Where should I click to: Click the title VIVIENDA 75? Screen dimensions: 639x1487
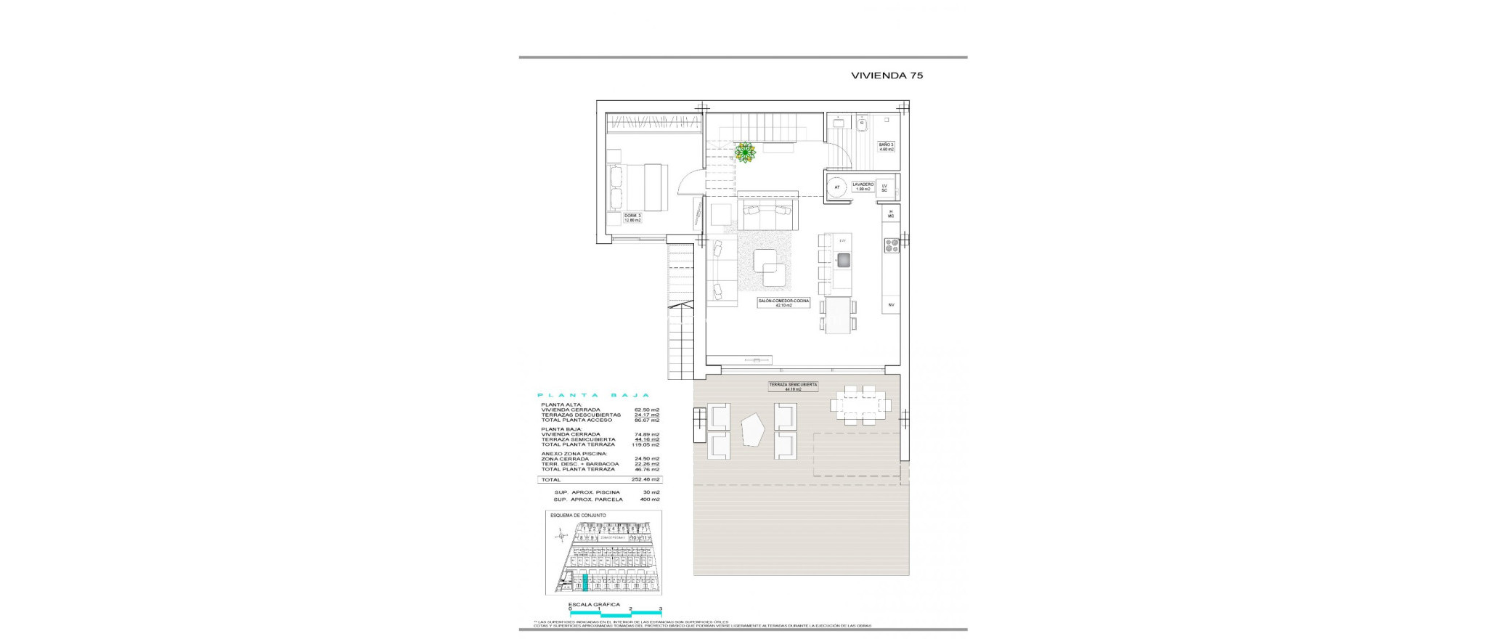point(887,75)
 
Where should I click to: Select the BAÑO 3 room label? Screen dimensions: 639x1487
point(886,146)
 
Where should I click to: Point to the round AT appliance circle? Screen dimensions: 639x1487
point(837,187)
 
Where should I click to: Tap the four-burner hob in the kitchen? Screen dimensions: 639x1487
point(892,246)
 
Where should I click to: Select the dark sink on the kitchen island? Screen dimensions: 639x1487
point(843,259)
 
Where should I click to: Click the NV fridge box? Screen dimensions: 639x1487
point(891,305)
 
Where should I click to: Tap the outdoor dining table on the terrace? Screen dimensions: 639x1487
point(860,404)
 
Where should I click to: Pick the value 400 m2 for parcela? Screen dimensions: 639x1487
point(650,500)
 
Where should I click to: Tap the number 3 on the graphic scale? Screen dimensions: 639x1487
point(660,609)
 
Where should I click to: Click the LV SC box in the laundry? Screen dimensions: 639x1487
point(884,187)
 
